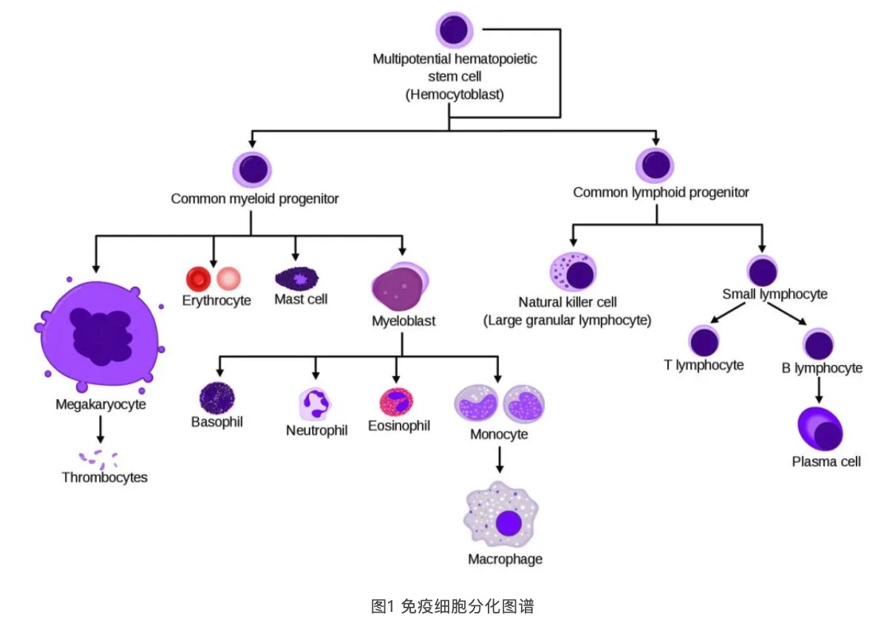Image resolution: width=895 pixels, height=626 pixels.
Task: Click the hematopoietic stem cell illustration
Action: click(454, 30)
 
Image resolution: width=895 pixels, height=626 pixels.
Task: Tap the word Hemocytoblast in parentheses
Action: click(455, 94)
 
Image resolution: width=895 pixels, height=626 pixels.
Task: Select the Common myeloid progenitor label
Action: click(254, 199)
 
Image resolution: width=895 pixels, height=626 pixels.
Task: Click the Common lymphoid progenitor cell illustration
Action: click(655, 166)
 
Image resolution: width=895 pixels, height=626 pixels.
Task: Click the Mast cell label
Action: click(301, 299)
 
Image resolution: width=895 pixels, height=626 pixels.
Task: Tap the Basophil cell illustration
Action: click(217, 398)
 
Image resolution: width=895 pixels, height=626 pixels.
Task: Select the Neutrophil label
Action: click(316, 430)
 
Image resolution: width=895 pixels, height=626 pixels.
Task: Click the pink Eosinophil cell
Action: click(396, 402)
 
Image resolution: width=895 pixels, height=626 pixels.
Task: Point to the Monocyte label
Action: click(499, 434)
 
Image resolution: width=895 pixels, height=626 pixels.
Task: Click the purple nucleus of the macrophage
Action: click(508, 523)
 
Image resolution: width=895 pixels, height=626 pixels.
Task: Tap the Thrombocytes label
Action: click(104, 477)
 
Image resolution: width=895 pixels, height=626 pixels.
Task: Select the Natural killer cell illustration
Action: click(573, 272)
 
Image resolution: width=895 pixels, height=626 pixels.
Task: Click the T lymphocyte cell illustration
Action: click(704, 341)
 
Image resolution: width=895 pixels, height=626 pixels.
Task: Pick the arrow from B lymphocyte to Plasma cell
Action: click(818, 389)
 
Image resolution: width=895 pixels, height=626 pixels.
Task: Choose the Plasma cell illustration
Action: click(820, 429)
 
